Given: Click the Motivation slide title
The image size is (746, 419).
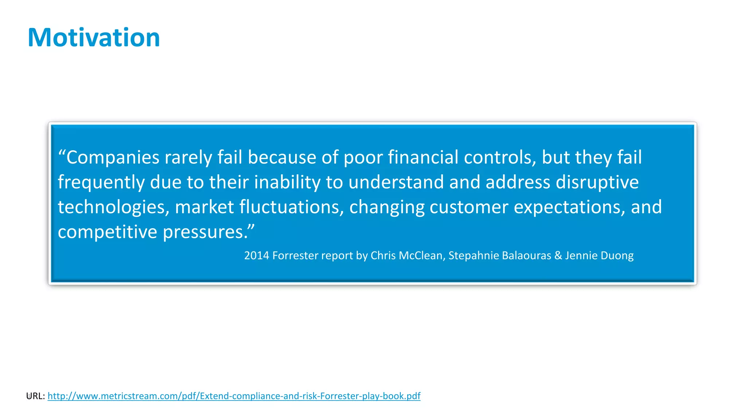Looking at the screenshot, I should coord(94,37).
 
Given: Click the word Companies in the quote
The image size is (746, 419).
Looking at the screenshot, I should coord(113,157).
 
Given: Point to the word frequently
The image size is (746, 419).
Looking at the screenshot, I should coord(101,182).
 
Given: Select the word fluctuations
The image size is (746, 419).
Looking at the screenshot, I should coord(291,207).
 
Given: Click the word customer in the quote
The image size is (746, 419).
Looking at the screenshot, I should coord(468,207).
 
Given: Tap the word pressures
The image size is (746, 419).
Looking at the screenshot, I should coord(205,232).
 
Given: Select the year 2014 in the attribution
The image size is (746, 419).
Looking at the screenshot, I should coord(256,255).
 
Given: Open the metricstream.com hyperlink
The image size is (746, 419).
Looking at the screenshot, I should coord(234,396).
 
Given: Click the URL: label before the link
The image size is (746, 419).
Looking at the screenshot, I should coord(36,396).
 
